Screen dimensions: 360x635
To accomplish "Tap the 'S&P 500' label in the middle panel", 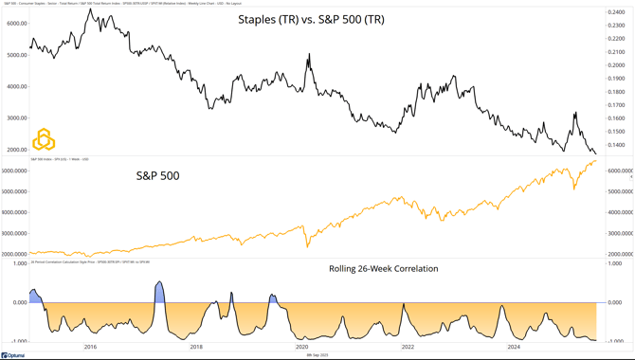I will coord(158,175).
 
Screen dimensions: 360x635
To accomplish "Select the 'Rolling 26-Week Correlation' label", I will coord(383,269).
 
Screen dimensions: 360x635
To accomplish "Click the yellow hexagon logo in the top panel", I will coord(44,139).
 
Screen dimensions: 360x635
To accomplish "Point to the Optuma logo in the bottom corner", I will coord(12,355).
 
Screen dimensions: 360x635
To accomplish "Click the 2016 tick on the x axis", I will coord(90,347).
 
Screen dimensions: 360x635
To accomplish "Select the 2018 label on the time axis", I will coord(196,347).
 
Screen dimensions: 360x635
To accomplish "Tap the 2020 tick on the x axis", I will coord(302,347).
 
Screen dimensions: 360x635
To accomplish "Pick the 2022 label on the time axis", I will coord(408,347).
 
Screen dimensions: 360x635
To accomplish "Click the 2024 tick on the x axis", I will coord(513,347).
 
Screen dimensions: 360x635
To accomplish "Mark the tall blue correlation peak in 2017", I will coord(159,284).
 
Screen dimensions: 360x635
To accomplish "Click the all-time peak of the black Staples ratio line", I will coord(88,9).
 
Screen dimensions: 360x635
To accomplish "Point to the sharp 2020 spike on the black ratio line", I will coord(308,57).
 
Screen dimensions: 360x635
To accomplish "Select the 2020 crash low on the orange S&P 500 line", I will coord(307,245).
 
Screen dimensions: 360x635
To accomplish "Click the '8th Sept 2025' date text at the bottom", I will coord(317,355).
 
